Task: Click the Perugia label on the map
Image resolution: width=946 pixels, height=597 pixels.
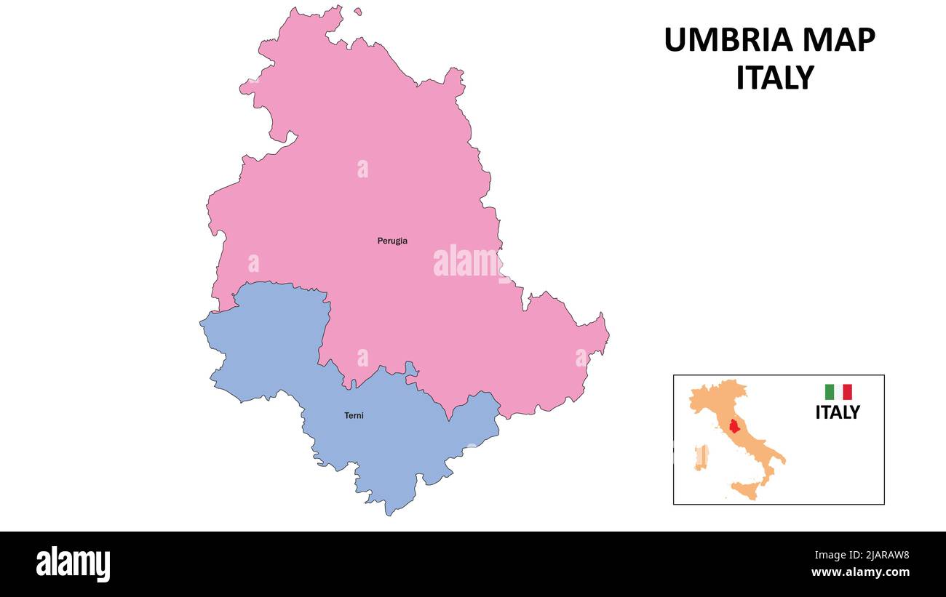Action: pos(392,241)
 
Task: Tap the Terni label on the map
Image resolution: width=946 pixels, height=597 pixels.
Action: pos(354,416)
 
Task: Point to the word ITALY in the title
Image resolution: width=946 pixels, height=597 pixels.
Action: pos(774,78)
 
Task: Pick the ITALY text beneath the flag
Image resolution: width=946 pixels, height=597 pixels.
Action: pos(837,412)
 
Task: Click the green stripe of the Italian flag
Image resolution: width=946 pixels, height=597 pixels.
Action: pos(829,392)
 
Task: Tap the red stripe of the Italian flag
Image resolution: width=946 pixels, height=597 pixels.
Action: pos(847,392)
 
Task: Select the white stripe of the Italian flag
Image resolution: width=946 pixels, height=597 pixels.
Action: pos(838,392)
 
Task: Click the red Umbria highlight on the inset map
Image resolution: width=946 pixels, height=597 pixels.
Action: pos(734,425)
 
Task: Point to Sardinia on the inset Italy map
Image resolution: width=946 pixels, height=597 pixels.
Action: pos(701,457)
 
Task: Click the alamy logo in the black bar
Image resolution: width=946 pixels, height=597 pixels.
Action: pos(73,564)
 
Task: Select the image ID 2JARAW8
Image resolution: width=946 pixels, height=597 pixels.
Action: pos(880,556)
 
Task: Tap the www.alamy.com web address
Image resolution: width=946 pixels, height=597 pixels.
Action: pos(860,572)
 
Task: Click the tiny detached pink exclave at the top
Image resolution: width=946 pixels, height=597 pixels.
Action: pos(358,12)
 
